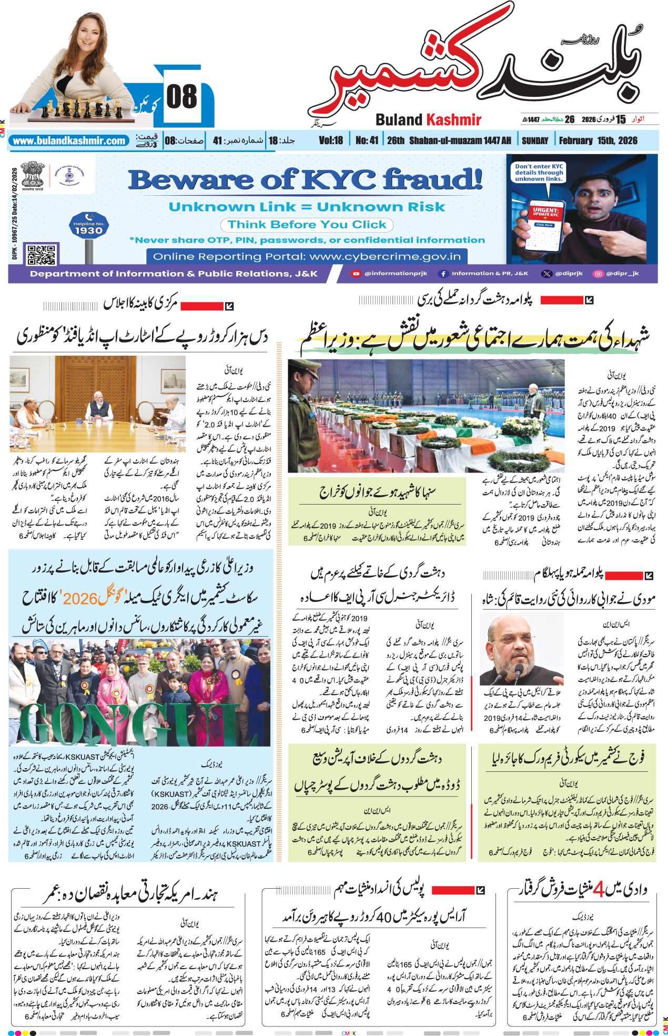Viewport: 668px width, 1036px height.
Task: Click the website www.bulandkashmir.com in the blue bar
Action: [69, 141]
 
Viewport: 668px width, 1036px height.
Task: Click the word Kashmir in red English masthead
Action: [454, 120]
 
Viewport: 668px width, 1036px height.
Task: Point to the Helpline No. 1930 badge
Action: [88, 227]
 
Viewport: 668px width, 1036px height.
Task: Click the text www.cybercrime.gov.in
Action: [385, 257]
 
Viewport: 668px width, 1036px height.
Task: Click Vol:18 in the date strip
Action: [330, 141]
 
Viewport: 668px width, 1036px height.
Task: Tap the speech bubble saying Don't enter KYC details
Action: [539, 173]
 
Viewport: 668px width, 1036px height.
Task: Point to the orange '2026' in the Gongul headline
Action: [80, 599]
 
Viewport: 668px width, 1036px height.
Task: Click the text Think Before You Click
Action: [307, 225]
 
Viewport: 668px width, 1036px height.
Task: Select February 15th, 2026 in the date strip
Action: [598, 141]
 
